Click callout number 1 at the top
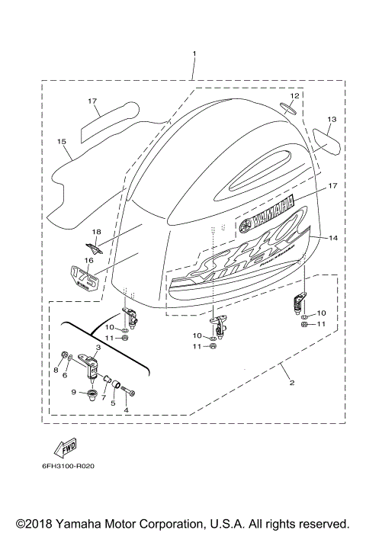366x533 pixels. (194, 54)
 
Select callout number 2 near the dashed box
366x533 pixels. (291, 382)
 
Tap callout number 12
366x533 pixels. (294, 96)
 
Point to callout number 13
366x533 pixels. (332, 120)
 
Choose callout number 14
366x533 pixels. (332, 239)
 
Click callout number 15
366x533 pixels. (62, 141)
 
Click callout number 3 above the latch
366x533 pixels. (98, 347)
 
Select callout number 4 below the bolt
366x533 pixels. (126, 409)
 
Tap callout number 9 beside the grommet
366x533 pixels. (74, 392)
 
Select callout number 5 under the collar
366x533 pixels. (114, 404)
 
